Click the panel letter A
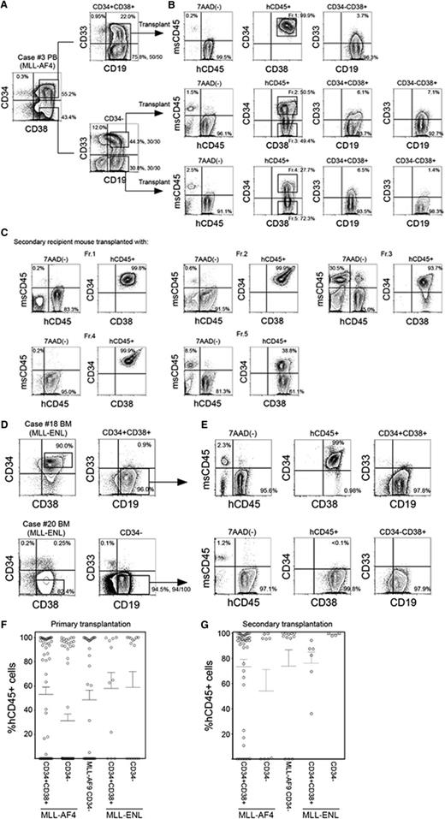pyautogui.click(x=7, y=6)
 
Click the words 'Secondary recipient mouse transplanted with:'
pyautogui.click(x=93, y=285)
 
